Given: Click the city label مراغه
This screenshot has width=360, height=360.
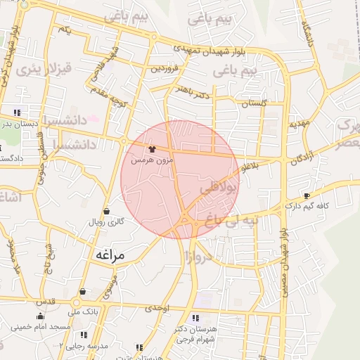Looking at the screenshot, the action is [108, 256].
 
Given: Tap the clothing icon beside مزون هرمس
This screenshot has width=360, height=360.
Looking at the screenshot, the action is [153, 149].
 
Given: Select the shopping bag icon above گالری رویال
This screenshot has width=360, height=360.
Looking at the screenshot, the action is [106, 211].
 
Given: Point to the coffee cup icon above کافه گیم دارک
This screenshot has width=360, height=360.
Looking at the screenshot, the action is [306, 195].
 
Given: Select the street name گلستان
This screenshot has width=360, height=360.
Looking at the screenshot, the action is [255, 103].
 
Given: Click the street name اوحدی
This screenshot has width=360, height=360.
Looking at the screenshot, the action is [157, 307].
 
